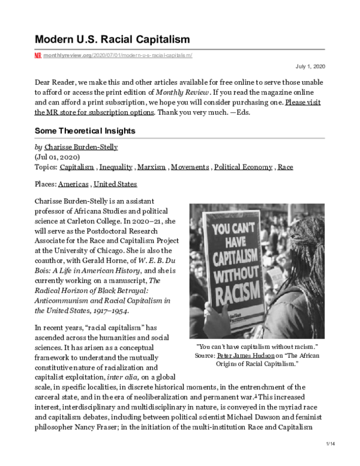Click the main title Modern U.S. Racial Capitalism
tap(113, 40)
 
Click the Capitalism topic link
tap(76, 166)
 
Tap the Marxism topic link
tap(151, 166)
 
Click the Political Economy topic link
tap(243, 166)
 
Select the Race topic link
tap(286, 166)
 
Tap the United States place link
tap(115, 184)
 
